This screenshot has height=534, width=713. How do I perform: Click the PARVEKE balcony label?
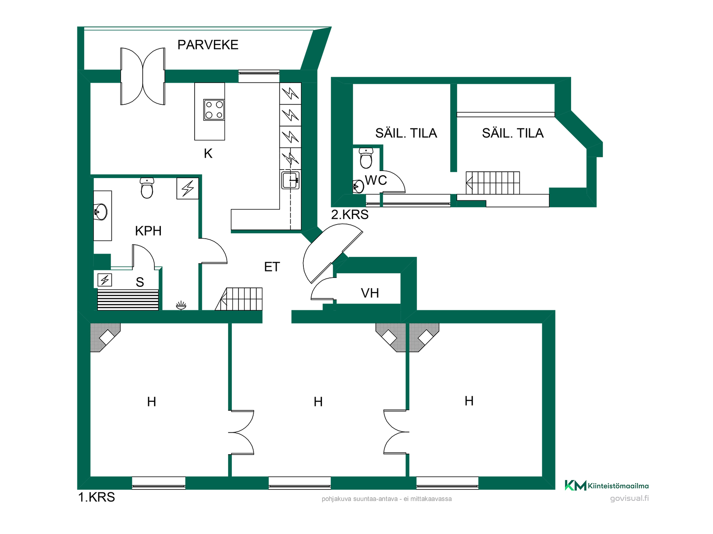pos(208,45)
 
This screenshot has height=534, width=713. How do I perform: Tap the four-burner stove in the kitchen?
pos(214,110)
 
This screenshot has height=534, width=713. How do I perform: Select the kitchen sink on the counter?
pos(290,180)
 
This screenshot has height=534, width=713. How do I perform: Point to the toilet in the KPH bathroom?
pos(147,188)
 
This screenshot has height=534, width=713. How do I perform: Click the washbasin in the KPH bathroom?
pos(101,212)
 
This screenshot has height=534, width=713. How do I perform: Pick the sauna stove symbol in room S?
pos(105,280)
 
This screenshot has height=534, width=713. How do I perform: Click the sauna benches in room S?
pos(128,300)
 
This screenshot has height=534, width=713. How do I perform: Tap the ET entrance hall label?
pos(272,267)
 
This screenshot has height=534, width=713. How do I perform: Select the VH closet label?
pos(370,293)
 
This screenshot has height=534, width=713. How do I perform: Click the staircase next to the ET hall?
pos(239,299)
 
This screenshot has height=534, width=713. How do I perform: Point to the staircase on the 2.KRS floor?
pos(493,183)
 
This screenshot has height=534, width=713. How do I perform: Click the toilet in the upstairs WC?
pos(366,158)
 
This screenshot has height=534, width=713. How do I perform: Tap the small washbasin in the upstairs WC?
pos(358,187)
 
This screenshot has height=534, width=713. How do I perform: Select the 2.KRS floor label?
pos(350,214)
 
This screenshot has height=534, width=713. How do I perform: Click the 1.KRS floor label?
pos(97,497)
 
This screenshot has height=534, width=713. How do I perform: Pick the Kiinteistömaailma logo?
pos(607,485)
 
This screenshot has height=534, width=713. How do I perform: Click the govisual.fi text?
pos(629,498)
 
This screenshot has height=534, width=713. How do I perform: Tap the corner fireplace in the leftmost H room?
pos(105,338)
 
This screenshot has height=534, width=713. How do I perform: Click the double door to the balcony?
pos(143,76)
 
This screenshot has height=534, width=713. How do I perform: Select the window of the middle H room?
pos(300,483)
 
